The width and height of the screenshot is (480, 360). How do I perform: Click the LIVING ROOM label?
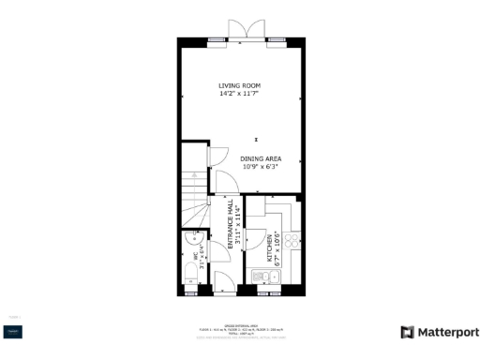[240, 85]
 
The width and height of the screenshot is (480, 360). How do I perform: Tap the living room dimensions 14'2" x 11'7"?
[240, 94]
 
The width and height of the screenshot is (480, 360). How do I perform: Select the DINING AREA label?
[261, 158]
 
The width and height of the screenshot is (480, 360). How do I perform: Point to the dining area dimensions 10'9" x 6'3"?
[261, 168]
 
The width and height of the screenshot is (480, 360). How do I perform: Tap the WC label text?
[197, 254]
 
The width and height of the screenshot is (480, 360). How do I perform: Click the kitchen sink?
[262, 276]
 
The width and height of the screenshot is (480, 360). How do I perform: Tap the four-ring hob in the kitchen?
[292, 241]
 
